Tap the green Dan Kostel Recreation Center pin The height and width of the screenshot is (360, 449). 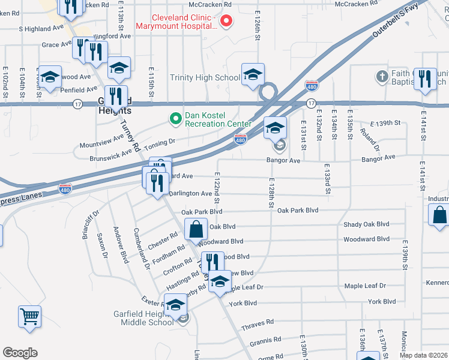click(175, 119)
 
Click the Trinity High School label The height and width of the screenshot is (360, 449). click(205, 77)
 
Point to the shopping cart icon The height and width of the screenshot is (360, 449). click(29, 315)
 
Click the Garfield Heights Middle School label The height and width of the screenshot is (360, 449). click(143, 318)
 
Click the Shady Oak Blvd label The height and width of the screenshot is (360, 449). click(366, 224)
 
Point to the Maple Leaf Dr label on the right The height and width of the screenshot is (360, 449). click(365, 286)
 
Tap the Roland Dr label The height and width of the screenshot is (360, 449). click(370, 140)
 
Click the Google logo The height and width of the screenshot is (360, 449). click(20, 353)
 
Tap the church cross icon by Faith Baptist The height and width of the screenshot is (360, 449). click(382, 76)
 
